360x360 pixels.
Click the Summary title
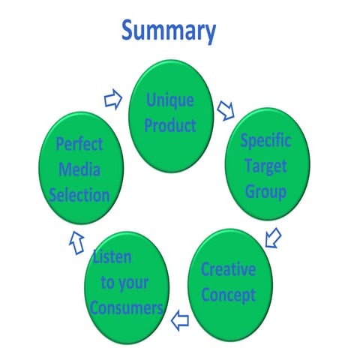[x=169, y=31]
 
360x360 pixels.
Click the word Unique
[x=170, y=100]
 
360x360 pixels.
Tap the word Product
[x=170, y=125]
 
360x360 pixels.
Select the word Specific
[x=265, y=141]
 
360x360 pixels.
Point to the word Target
[x=265, y=166]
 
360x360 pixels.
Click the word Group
[x=265, y=192]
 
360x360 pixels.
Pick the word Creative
[x=229, y=269]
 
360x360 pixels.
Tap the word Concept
[x=229, y=295]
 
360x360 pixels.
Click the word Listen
[x=112, y=256]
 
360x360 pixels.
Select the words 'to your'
[x=124, y=283]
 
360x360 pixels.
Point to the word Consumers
[x=127, y=307]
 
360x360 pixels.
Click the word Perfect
[x=79, y=144]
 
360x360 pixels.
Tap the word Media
[x=79, y=169]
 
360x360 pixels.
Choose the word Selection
[x=79, y=195]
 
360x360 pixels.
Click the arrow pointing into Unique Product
[x=113, y=100]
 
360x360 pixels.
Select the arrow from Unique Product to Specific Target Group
[x=226, y=111]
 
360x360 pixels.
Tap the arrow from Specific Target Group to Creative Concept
[x=273, y=238]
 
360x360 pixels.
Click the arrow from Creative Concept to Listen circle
[x=180, y=320]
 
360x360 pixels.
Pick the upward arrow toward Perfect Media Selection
[x=76, y=243]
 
